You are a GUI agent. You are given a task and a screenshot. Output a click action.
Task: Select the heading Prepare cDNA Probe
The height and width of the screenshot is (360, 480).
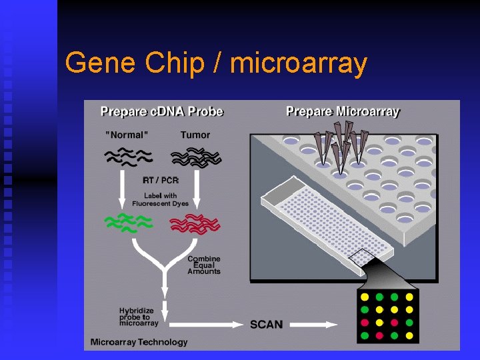coord(161,111)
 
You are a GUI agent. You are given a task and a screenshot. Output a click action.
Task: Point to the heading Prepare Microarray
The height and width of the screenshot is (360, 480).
coord(343,111)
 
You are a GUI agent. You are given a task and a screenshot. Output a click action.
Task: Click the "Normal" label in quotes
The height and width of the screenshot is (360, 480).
coord(127,135)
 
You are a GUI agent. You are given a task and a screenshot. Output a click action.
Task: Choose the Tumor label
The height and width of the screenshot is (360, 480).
coord(195,135)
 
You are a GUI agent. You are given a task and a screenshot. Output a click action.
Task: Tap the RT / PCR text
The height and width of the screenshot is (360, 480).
coord(160,180)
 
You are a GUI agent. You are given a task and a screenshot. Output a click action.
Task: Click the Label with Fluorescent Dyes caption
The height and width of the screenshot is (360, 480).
coord(160,199)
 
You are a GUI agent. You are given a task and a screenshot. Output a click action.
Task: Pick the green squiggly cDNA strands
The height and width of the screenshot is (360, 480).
coord(127,223)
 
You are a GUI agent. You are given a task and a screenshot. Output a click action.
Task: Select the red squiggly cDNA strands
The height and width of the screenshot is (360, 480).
coord(195,224)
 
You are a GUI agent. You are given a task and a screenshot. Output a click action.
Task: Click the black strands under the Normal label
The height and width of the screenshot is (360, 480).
coord(127,156)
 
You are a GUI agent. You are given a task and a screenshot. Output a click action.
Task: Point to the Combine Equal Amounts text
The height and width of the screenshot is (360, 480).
coord(203,265)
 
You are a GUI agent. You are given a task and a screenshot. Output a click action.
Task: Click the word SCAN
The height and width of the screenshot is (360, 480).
coord(266,325)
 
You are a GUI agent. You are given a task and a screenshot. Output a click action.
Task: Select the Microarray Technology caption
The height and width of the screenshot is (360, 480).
coord(139,342)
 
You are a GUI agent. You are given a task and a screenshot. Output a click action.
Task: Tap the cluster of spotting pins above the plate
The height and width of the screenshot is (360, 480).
coord(341,143)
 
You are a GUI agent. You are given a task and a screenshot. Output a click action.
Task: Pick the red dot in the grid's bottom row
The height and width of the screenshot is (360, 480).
coord(379,335)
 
